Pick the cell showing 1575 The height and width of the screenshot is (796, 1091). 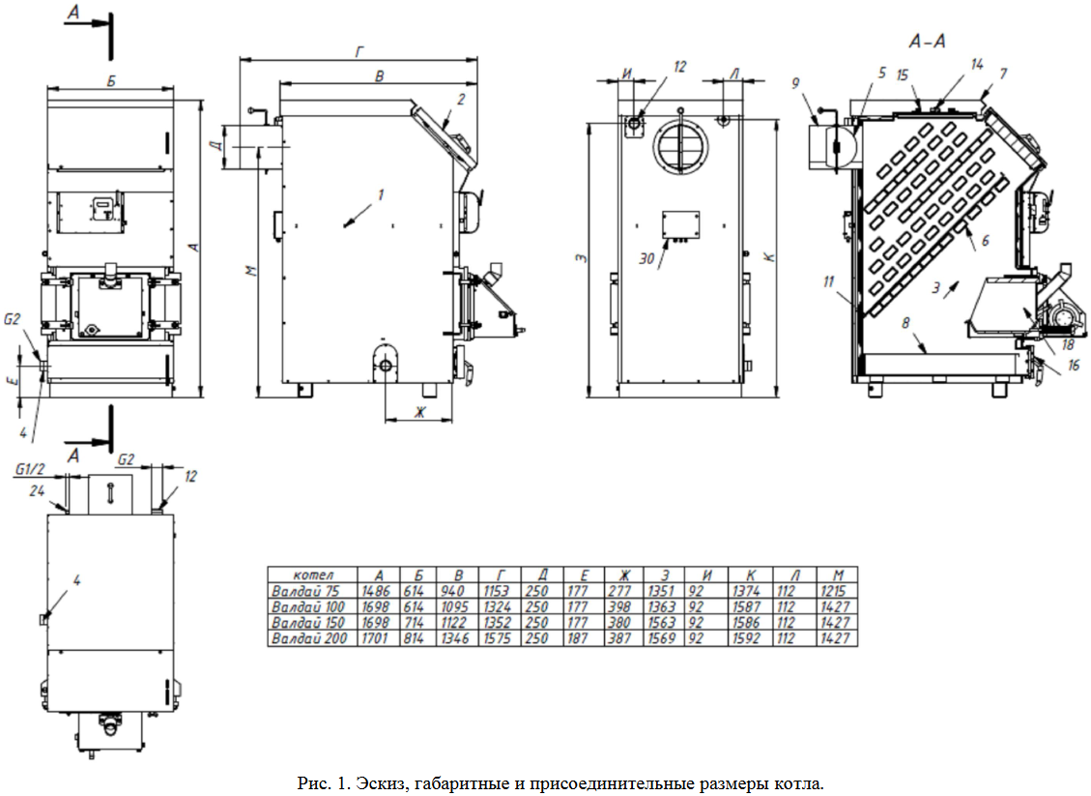[499, 639]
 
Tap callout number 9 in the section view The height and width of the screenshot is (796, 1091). [795, 84]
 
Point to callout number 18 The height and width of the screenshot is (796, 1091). [1068, 342]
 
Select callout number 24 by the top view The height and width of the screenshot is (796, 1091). [38, 491]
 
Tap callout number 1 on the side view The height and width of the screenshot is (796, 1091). [381, 194]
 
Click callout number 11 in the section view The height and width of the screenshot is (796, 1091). [828, 281]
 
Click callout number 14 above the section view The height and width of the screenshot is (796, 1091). [977, 65]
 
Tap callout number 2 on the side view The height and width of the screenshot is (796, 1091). [462, 99]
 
